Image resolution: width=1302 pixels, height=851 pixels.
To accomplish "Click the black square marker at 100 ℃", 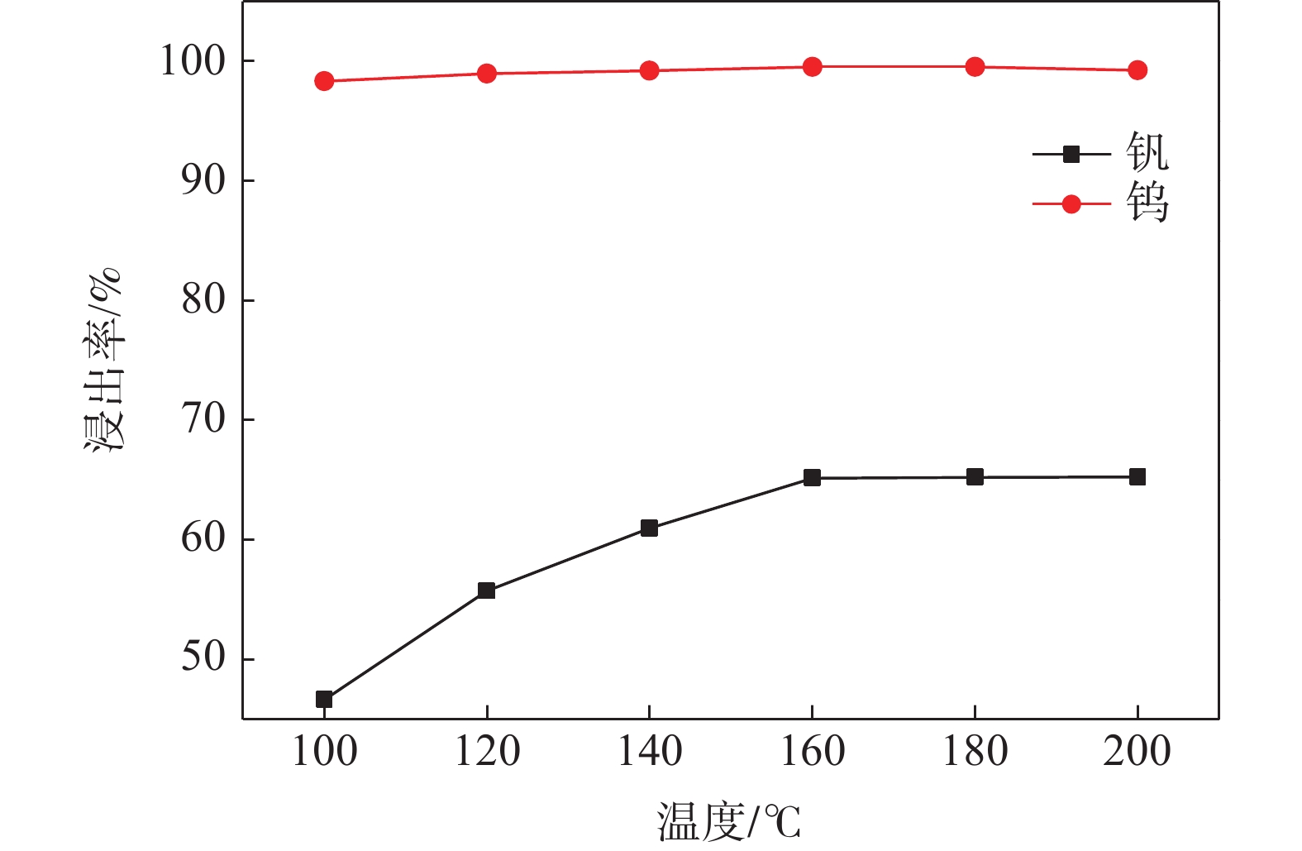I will (324, 700).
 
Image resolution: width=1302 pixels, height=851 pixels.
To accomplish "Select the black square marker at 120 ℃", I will (486, 590).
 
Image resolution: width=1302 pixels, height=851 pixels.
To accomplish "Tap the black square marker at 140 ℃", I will (649, 528).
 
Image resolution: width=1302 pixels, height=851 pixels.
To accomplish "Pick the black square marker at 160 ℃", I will (812, 478).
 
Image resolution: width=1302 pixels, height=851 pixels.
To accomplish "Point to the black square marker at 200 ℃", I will (1137, 476).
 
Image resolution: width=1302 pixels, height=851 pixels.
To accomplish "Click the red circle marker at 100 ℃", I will (324, 81).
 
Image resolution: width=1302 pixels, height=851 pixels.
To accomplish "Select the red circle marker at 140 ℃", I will (649, 70).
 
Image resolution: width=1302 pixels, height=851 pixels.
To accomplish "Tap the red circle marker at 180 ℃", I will (975, 67).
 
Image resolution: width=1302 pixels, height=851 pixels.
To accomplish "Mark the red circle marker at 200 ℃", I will (1137, 70).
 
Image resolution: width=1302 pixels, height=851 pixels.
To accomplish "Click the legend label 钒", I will (1147, 152).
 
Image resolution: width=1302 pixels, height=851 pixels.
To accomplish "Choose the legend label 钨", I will (1147, 203).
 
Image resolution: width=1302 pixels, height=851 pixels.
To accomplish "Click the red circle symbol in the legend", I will (1071, 204).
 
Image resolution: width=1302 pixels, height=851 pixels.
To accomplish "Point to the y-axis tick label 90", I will (203, 180).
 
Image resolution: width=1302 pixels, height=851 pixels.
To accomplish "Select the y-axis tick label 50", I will (203, 657).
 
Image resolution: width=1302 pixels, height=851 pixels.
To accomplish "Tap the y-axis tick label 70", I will (203, 419).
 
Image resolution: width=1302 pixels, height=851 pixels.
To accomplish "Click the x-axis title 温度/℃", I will (729, 821).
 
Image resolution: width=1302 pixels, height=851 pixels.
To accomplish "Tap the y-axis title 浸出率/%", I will (103, 360).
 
